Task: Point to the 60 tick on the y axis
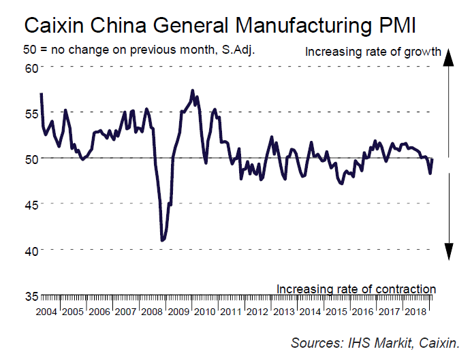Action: point(32,67)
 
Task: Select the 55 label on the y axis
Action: point(32,113)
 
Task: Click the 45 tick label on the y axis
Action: point(32,204)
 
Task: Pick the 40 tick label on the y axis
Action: point(32,250)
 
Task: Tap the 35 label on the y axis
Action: point(32,296)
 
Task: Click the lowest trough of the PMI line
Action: point(162,240)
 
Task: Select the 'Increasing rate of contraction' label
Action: point(356,289)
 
